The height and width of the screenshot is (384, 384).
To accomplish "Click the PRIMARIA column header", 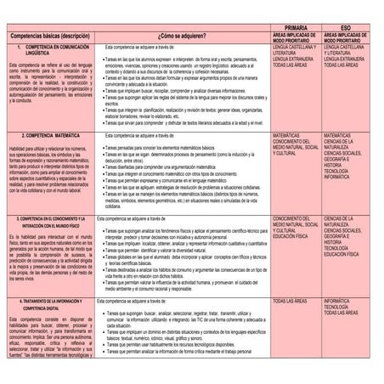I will click(296, 30).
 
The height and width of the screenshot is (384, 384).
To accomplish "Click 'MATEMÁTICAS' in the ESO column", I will click(341, 134).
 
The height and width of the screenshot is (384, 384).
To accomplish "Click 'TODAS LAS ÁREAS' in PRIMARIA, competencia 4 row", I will click(295, 302).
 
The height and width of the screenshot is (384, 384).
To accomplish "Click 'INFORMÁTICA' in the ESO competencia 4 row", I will click(341, 302).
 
